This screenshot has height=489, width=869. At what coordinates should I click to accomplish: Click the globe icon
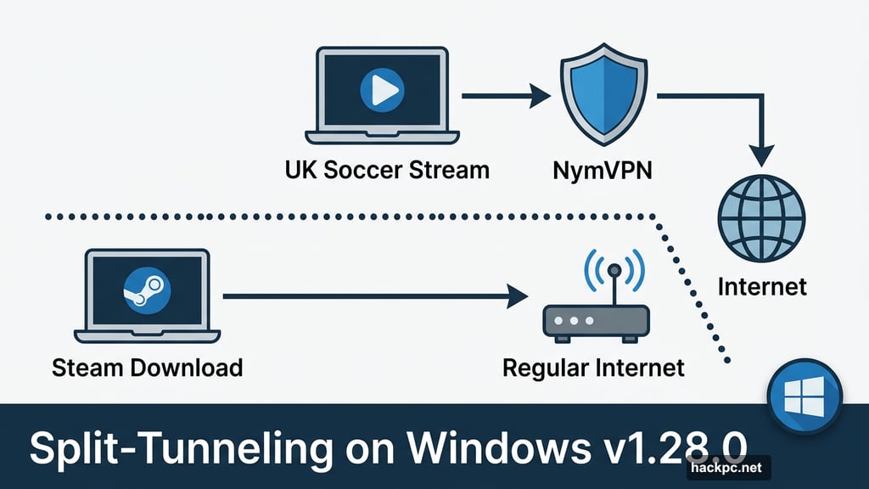pos(762,220)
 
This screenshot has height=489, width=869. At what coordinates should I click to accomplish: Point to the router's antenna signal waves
pos(615,273)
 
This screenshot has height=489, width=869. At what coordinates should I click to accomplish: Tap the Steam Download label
pos(147,368)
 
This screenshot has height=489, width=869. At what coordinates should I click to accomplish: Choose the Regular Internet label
pos(593,368)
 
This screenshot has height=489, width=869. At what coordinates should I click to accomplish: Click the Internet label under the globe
pos(762,285)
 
